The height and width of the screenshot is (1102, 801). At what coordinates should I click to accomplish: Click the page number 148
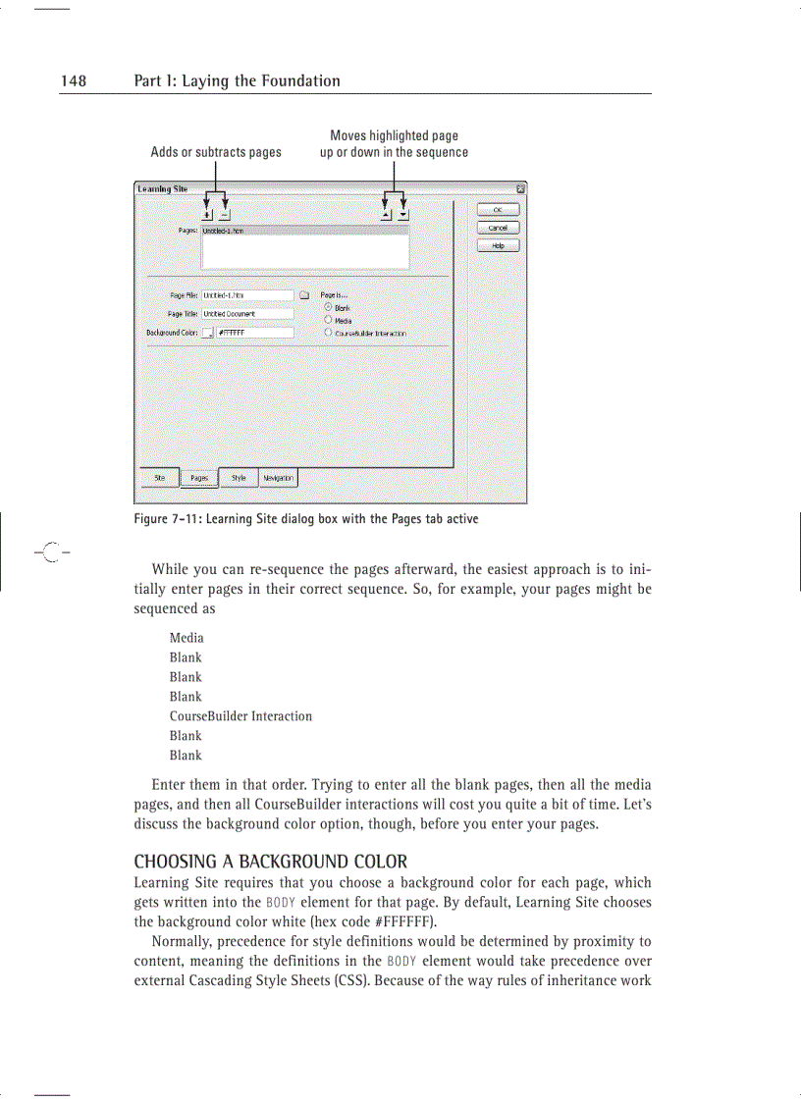point(74,81)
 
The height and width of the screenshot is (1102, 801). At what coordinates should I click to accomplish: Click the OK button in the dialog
point(498,209)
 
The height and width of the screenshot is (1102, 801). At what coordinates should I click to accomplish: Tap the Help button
point(498,245)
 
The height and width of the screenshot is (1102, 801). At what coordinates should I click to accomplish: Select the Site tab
point(159,478)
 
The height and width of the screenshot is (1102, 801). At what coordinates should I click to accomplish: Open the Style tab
point(239,478)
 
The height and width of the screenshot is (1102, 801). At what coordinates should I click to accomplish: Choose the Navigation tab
point(278,478)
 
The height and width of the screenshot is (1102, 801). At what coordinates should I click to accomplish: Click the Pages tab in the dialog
point(199,479)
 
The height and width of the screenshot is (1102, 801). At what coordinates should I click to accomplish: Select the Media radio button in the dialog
point(328,320)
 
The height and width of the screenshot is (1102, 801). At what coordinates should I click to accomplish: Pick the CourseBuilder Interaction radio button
point(328,333)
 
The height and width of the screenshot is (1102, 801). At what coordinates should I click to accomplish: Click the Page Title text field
point(247,314)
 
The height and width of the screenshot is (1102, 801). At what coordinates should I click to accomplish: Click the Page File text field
point(247,294)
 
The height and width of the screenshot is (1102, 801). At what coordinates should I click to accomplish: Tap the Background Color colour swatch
point(207,334)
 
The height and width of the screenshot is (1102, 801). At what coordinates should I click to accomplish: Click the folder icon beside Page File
point(304,294)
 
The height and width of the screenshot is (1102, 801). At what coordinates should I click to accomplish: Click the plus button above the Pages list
point(207,214)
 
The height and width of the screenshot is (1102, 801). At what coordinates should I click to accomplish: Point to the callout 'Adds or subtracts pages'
point(215,152)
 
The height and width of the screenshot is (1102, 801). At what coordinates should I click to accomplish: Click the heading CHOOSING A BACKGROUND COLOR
point(270,862)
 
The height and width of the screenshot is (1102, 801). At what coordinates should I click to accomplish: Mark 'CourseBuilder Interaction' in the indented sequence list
point(240,716)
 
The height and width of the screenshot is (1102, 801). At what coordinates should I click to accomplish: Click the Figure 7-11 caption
point(305,518)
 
